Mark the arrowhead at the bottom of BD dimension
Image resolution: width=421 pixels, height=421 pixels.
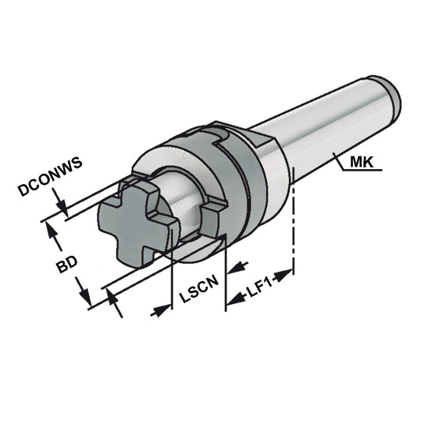tap(85, 298)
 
